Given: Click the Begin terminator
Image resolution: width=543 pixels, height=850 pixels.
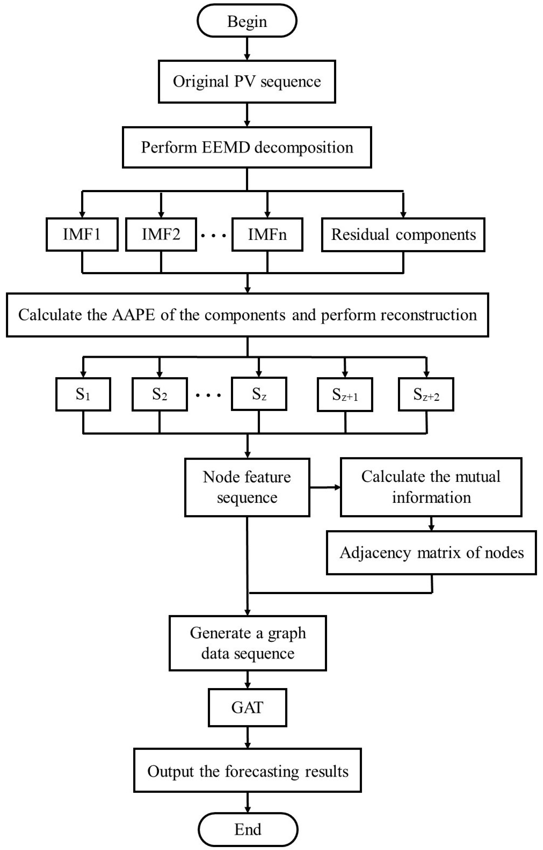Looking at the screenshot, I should (x=247, y=21).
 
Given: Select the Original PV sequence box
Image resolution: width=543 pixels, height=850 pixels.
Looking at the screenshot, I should (x=247, y=82).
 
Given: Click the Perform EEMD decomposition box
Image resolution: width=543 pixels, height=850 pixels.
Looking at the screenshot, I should (x=247, y=147).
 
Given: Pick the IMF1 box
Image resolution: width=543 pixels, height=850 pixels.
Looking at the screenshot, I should (x=82, y=235).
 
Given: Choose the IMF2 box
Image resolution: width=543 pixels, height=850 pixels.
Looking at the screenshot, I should (x=161, y=235).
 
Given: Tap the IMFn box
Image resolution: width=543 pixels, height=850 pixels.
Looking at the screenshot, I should (x=267, y=235).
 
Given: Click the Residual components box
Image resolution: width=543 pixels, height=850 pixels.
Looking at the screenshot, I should (x=403, y=235).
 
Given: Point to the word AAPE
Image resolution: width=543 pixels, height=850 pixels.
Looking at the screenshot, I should (x=133, y=315).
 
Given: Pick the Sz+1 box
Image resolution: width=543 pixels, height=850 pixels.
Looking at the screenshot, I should (x=345, y=395).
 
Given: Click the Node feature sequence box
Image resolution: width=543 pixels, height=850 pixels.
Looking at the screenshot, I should (x=247, y=487).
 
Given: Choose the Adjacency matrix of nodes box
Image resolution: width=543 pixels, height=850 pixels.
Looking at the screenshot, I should (x=431, y=553).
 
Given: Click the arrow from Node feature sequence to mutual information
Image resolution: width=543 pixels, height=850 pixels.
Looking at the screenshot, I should (x=325, y=487).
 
